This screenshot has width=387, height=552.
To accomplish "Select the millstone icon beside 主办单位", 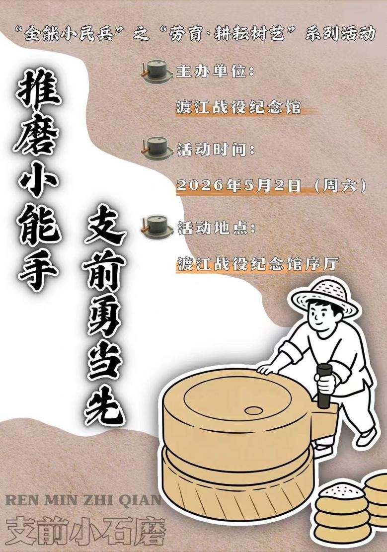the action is pyautogui.click(x=156, y=72).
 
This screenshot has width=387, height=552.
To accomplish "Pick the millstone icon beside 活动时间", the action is pyautogui.click(x=156, y=149).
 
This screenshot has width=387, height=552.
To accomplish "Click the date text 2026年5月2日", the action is pyautogui.click(x=238, y=185).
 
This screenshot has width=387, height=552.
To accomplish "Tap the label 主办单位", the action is pyautogui.click(x=215, y=72).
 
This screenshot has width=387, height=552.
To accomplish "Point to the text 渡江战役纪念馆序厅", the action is pyautogui.click(x=258, y=264).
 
